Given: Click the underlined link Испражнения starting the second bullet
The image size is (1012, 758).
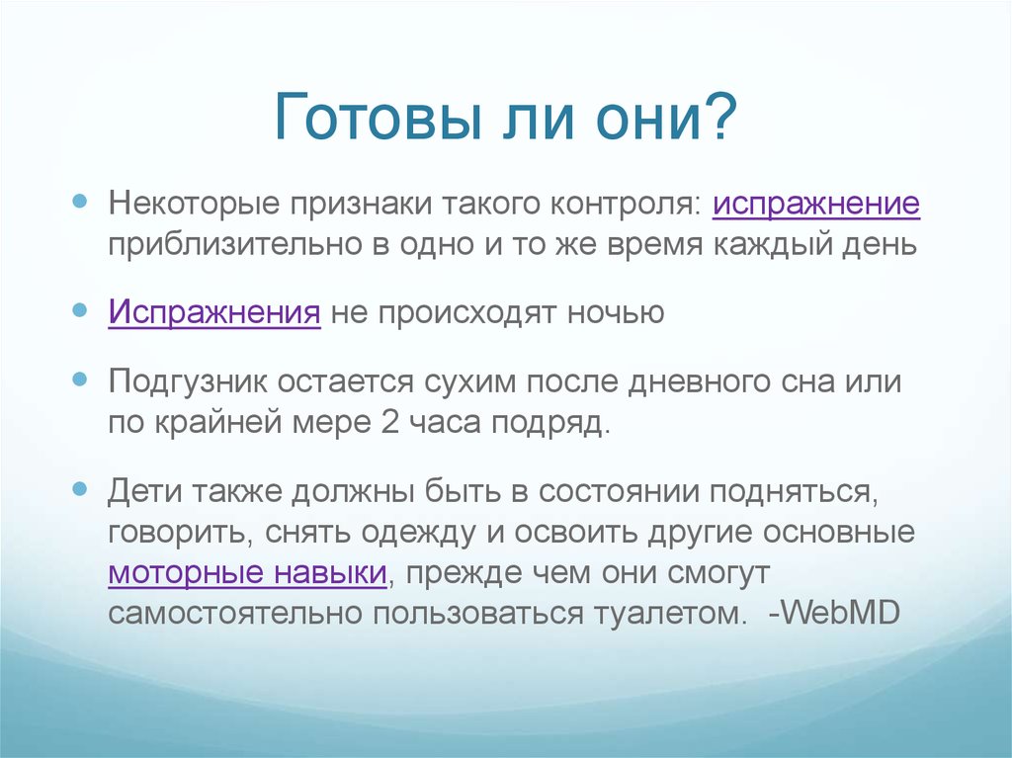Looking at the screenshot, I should pyautogui.click(x=214, y=313).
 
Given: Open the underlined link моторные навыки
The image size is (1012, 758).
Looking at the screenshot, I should pyautogui.click(x=247, y=574).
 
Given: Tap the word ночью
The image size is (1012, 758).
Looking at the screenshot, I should pyautogui.click(x=615, y=313).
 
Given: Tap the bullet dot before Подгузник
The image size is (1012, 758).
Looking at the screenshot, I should pyautogui.click(x=83, y=379).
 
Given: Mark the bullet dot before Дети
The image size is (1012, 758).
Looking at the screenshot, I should pyautogui.click(x=83, y=488).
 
